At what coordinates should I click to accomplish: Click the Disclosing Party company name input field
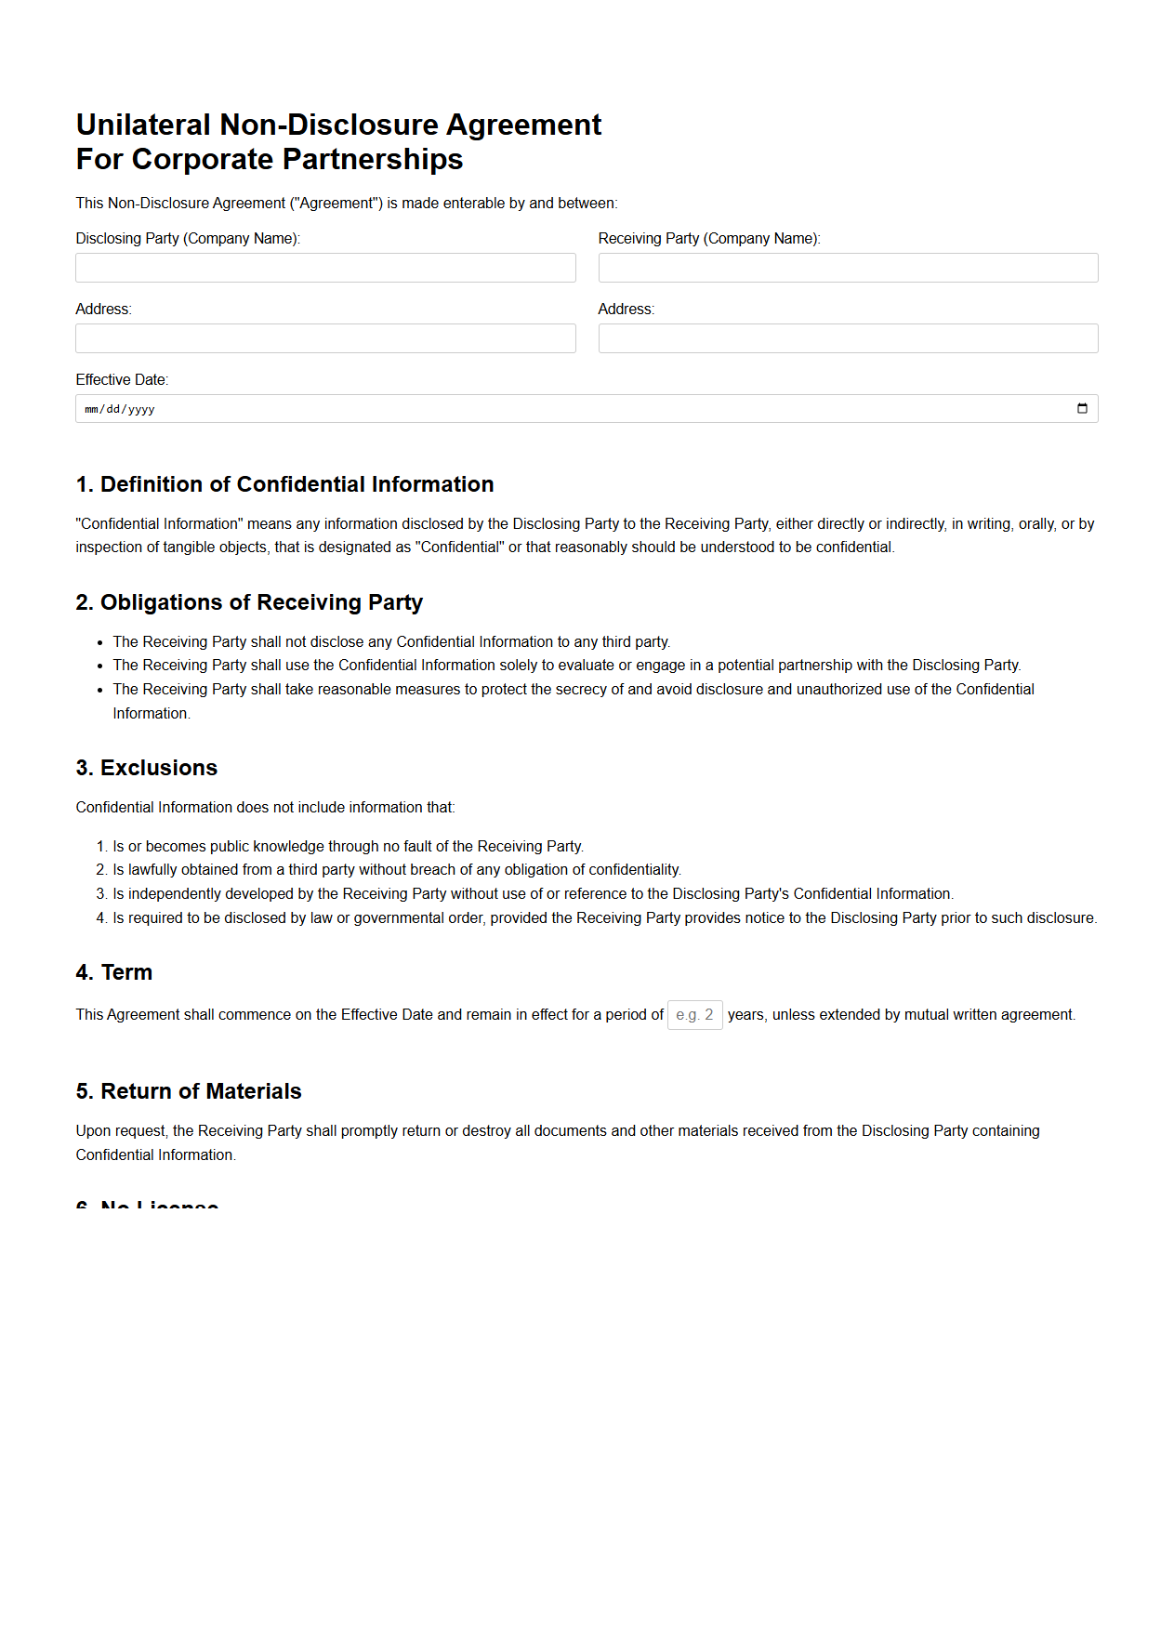(325, 268)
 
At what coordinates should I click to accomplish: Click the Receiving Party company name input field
(848, 268)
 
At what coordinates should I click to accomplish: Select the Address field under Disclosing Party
(325, 338)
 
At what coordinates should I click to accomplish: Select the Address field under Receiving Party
(848, 338)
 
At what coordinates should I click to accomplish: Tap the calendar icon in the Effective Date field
(1082, 409)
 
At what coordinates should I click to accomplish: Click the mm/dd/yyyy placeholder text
(120, 409)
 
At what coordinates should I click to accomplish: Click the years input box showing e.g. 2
(694, 1014)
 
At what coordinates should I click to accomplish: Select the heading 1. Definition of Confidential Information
(284, 484)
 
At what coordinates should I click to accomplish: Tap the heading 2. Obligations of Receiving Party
(249, 602)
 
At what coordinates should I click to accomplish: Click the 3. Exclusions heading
(147, 768)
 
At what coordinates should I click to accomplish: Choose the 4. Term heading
(114, 972)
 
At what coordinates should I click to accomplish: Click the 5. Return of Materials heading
(189, 1091)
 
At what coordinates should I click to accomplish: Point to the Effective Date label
(122, 379)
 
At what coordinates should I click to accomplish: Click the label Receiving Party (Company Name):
(709, 238)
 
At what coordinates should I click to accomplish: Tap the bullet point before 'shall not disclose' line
(100, 642)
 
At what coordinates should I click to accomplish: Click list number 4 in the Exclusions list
(101, 917)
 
